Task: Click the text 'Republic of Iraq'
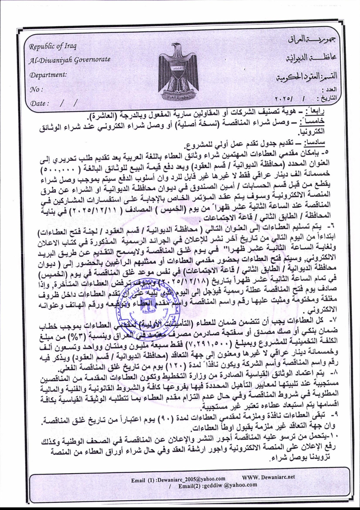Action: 53,46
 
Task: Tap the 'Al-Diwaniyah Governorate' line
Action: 69,60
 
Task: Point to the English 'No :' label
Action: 37,89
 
